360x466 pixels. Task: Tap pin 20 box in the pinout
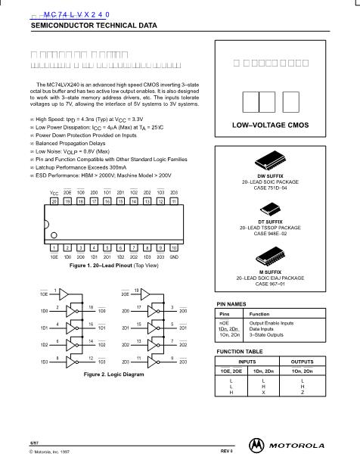54,203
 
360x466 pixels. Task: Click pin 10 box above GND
174,247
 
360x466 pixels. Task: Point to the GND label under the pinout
174,256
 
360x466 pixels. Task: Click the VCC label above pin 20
54,194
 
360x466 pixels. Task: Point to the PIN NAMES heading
233,303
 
